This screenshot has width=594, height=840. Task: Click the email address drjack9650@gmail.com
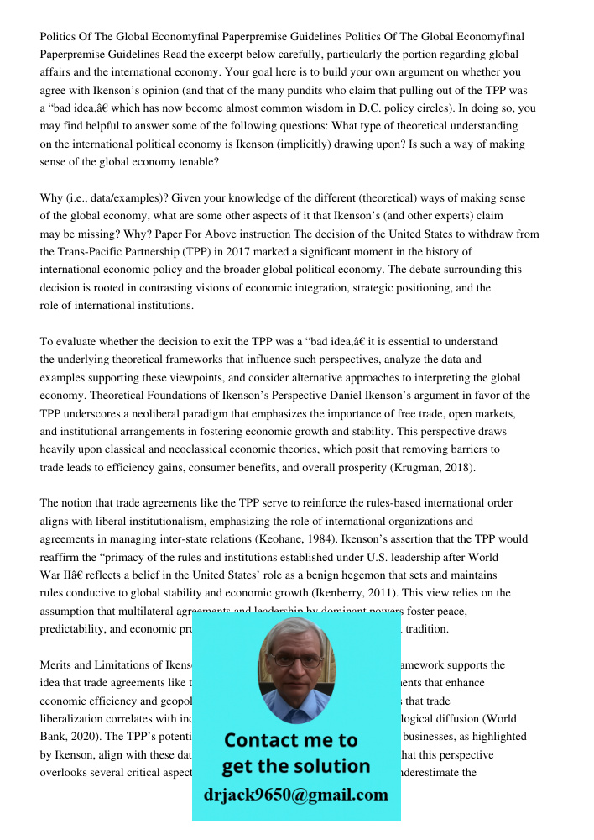(295, 794)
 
